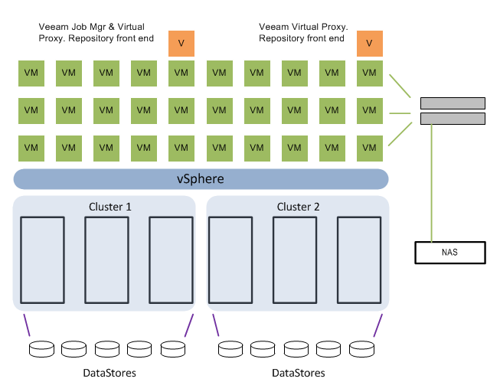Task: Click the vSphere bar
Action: tap(201, 179)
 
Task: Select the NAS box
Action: tap(449, 252)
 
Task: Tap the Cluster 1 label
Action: tap(110, 207)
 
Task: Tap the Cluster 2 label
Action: tap(299, 207)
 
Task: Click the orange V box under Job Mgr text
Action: tap(181, 43)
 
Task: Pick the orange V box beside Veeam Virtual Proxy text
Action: tap(369, 43)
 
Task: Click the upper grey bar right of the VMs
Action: tap(452, 103)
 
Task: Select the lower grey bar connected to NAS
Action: tap(452, 119)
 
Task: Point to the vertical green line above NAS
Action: tap(432, 184)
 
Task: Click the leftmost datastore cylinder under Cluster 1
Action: tap(40, 349)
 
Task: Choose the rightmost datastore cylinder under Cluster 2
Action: tap(361, 349)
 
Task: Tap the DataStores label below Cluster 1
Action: tap(109, 373)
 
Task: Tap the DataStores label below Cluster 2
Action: tap(299, 373)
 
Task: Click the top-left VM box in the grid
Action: tap(31, 73)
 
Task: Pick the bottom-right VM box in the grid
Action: tap(369, 147)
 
